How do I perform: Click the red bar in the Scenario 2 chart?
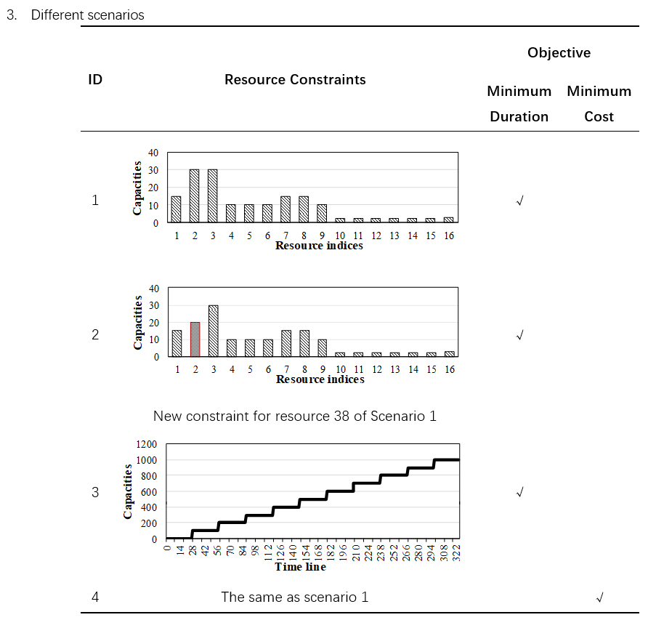click(195, 339)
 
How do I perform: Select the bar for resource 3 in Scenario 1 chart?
click(213, 196)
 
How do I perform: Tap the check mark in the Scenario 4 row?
click(599, 597)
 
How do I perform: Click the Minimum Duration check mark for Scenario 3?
click(519, 492)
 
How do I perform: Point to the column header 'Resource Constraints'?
click(295, 80)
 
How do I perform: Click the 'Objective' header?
click(559, 52)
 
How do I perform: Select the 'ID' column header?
click(95, 80)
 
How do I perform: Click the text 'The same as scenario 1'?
click(294, 597)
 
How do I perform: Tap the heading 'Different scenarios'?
click(87, 15)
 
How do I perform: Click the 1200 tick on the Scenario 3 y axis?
click(146, 444)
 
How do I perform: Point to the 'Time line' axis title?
click(300, 567)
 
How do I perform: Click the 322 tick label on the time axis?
click(456, 552)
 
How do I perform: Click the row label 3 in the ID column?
click(95, 492)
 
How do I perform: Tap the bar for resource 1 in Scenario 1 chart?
click(176, 209)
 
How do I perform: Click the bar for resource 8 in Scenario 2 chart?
click(304, 343)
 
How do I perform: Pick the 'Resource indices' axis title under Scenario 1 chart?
click(319, 246)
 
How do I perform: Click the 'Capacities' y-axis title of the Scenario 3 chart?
click(128, 491)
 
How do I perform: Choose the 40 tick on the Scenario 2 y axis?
click(153, 288)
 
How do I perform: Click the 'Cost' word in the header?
click(599, 116)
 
